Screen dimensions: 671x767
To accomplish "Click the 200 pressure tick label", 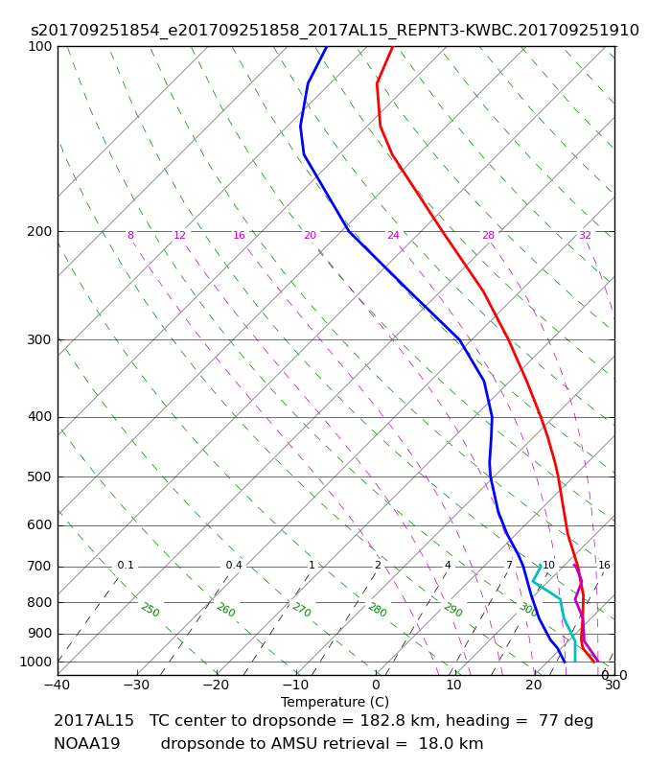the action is (39, 231).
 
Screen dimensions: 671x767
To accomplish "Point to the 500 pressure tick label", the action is (39, 476).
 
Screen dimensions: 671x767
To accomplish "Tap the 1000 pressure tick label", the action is (35, 662).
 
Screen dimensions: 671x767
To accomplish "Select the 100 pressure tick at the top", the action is (39, 46).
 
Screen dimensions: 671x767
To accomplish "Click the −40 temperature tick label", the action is (57, 685).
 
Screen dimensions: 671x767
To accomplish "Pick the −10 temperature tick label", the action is (296, 685).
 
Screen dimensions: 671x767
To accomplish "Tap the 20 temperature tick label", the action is (534, 685).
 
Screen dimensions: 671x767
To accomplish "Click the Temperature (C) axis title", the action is (335, 702).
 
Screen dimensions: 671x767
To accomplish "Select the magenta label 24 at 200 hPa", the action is (393, 235).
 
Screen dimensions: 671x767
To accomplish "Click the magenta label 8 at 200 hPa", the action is (130, 235).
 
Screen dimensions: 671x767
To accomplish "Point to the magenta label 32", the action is (585, 235).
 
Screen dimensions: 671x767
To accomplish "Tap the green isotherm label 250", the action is (150, 610).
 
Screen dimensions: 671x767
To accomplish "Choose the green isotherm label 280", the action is (378, 610).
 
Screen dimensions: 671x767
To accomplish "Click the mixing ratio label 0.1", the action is (126, 565).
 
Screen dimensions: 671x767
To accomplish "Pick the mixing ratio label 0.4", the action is (234, 565).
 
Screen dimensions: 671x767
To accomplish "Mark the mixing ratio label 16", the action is (604, 565).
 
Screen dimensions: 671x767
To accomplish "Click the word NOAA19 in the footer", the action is (87, 744).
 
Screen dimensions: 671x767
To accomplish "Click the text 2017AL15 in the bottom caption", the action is (94, 721).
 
